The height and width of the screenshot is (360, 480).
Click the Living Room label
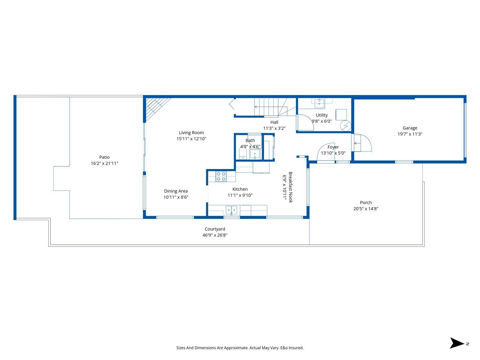tap(191, 132)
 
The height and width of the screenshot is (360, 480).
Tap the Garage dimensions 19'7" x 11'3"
tap(410, 134)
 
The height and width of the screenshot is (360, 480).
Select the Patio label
tap(104, 157)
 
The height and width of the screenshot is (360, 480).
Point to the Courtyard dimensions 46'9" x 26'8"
tap(215, 235)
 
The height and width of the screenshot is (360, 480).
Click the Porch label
tap(366, 203)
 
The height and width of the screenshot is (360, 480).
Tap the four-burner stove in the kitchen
tap(221, 177)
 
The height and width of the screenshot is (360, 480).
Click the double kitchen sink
tap(231, 210)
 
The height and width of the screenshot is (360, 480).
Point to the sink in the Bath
tap(255, 154)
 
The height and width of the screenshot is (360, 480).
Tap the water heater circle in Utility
tap(345, 126)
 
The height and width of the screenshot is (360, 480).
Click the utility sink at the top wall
tap(319, 103)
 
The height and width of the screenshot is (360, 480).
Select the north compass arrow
tap(457, 343)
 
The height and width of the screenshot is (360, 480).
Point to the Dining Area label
tap(176, 191)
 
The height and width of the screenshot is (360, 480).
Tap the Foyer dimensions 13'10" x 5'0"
tap(333, 153)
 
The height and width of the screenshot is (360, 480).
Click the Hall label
tap(274, 122)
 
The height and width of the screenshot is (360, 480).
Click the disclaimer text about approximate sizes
tap(240, 348)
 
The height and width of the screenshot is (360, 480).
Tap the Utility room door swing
tap(306, 122)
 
